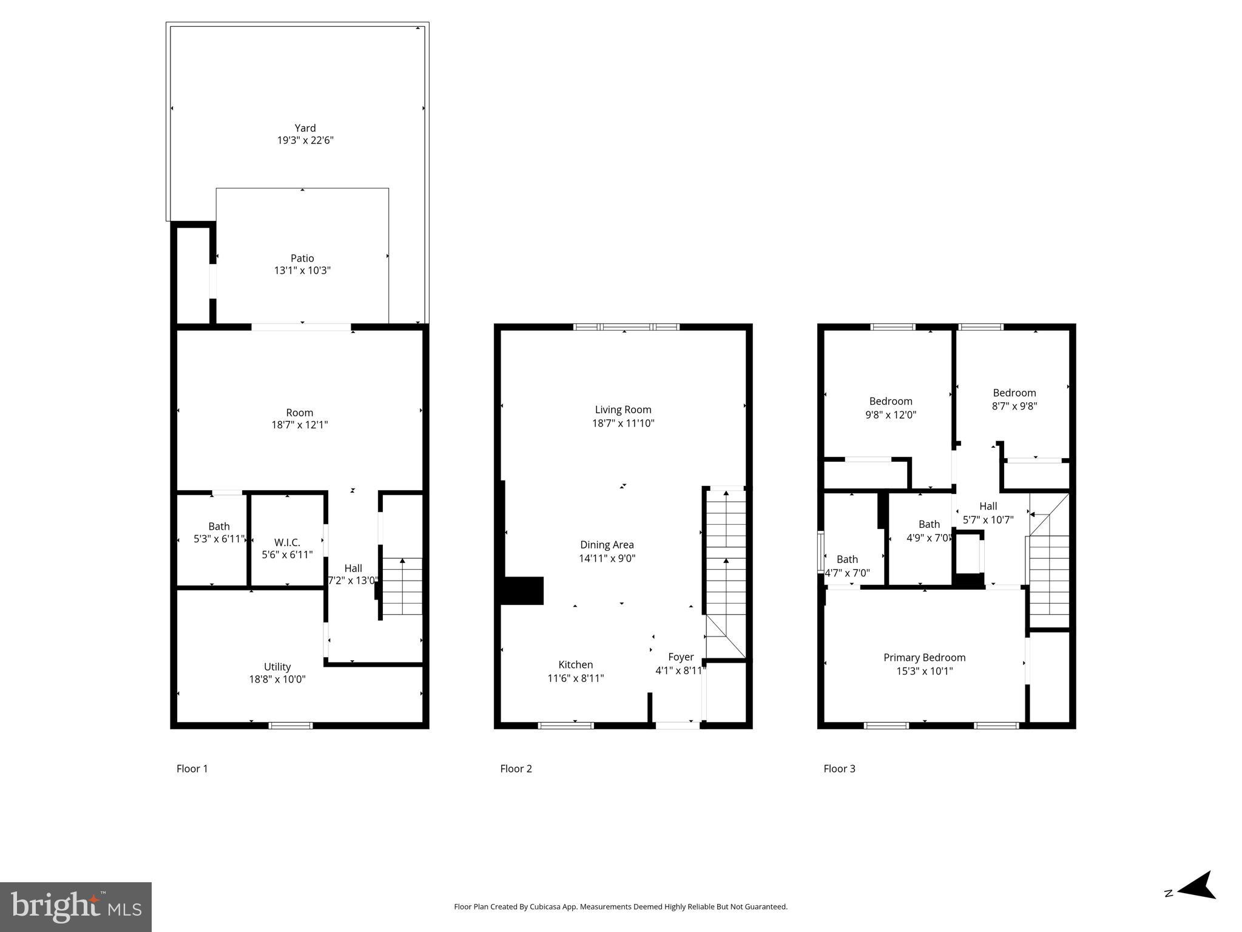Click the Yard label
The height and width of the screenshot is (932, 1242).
tap(305, 128)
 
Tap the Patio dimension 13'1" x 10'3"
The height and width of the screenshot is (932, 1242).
tap(302, 271)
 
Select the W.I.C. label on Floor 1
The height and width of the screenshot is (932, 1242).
tap(287, 542)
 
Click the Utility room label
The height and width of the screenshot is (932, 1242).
tap(277, 666)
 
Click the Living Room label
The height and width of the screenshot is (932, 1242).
tap(623, 410)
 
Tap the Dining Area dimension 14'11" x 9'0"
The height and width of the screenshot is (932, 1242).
tap(607, 558)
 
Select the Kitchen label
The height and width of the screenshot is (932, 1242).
tap(575, 664)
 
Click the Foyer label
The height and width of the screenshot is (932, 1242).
tap(681, 657)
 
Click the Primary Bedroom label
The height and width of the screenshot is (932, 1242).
tap(924, 657)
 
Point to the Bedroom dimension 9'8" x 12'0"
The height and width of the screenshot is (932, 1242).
tap(891, 415)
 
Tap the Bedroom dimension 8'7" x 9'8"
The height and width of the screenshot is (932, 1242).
tap(1014, 407)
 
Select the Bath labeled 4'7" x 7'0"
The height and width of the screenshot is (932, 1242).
tap(847, 559)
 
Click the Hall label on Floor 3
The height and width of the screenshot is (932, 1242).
tap(988, 506)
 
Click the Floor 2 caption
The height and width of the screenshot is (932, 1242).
tap(516, 769)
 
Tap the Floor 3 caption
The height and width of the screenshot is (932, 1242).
tap(839, 769)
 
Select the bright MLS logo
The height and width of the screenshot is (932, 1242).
tap(76, 907)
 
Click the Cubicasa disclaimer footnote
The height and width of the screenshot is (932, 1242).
tap(621, 907)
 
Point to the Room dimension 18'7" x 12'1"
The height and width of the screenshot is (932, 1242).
tap(300, 425)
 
